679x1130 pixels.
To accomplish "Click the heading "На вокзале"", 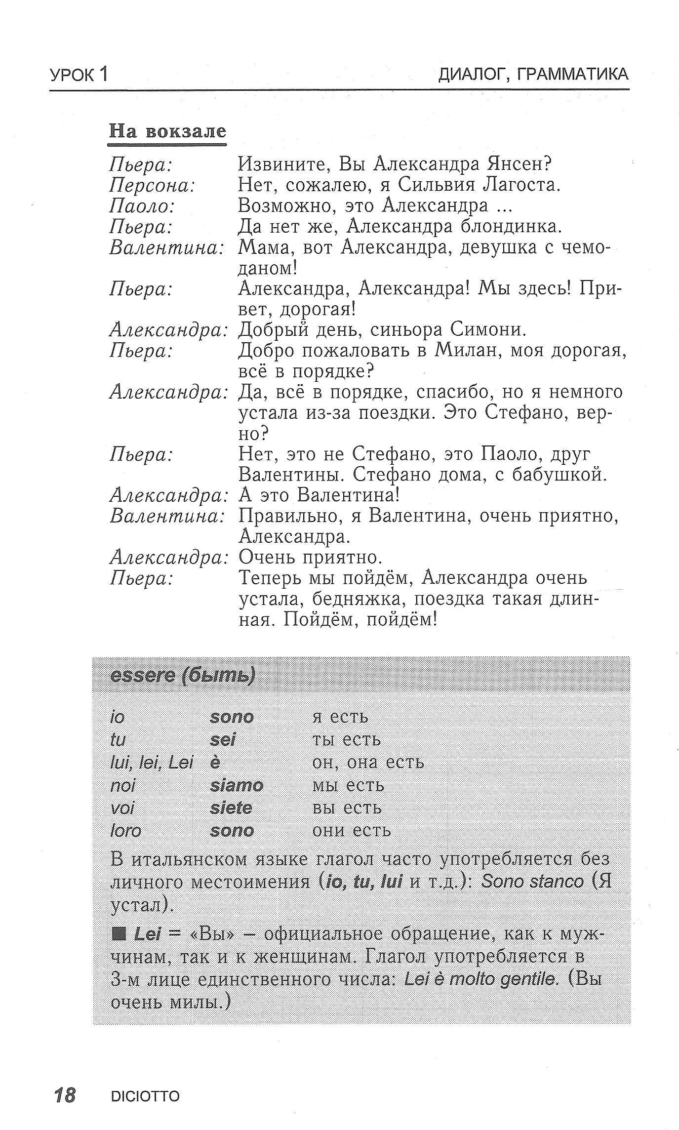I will (167, 131).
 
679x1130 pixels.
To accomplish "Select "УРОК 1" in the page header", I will (79, 75).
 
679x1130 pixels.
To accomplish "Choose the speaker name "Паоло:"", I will (142, 206).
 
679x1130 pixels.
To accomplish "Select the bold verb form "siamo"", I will (237, 785).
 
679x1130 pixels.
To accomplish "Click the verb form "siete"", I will (231, 808).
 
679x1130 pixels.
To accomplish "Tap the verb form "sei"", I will (223, 740).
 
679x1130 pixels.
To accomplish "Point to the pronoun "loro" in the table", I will (126, 831).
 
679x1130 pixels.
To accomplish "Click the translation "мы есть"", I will (348, 785).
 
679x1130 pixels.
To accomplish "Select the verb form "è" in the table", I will (215, 763).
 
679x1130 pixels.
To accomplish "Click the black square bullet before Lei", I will (119, 934).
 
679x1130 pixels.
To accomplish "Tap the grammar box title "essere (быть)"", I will (183, 676).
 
